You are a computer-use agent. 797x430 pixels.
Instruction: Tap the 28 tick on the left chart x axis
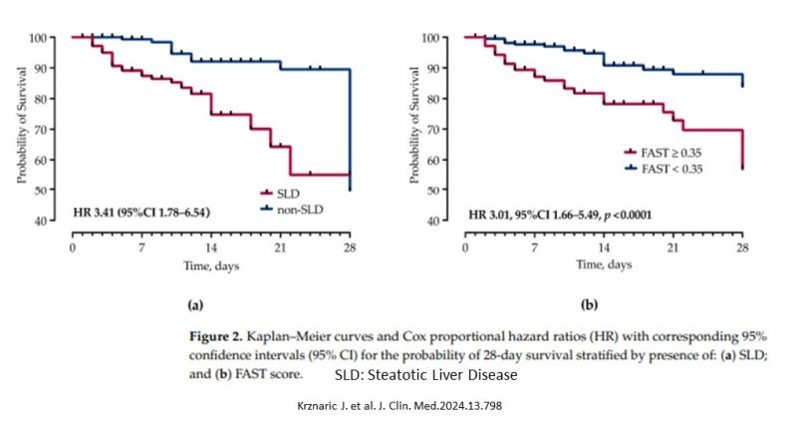tap(349, 245)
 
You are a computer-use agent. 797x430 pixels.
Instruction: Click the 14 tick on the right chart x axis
tap(605, 245)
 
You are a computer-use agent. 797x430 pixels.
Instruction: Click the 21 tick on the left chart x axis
tap(280, 245)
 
